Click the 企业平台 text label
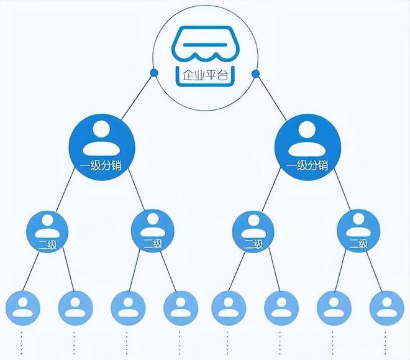205,76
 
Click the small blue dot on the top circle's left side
154,73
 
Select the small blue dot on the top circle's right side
255,74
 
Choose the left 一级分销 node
102,147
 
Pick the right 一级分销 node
307,147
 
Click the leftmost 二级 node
47,231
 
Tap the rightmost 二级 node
358,231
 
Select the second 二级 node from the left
152,231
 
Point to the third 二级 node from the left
253,231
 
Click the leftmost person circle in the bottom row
23,308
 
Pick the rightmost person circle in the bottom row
387,308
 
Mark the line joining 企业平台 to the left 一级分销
137,96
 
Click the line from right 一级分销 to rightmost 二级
342,190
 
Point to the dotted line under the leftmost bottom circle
22,343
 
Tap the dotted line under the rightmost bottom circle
385,343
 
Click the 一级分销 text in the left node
101,165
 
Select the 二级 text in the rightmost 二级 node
358,244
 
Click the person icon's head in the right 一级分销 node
307,129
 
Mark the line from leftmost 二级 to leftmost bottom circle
31,271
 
